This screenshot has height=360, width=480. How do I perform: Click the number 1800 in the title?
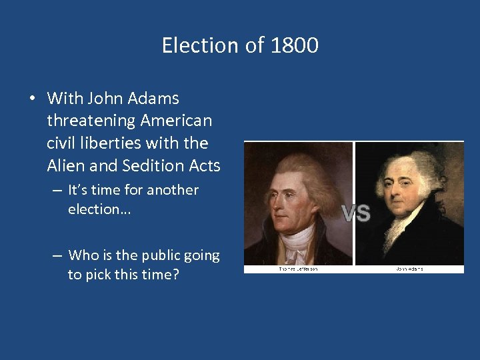click(295, 45)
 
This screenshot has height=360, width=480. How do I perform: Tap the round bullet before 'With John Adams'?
click(32, 99)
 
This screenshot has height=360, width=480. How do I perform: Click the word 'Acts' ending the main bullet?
click(205, 165)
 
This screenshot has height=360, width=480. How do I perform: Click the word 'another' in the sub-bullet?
click(173, 190)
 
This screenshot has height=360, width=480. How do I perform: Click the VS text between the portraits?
click(356, 213)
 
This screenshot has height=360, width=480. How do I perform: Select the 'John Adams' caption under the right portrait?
click(409, 269)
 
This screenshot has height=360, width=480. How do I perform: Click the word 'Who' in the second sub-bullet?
click(83, 255)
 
